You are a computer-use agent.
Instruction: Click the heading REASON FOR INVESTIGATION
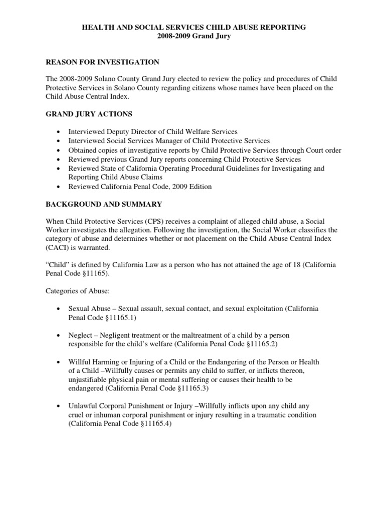click(x=103, y=62)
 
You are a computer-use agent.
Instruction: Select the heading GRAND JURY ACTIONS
click(x=89, y=114)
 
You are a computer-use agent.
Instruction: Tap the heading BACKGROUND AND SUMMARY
click(x=104, y=204)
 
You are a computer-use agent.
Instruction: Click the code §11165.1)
click(x=119, y=318)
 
